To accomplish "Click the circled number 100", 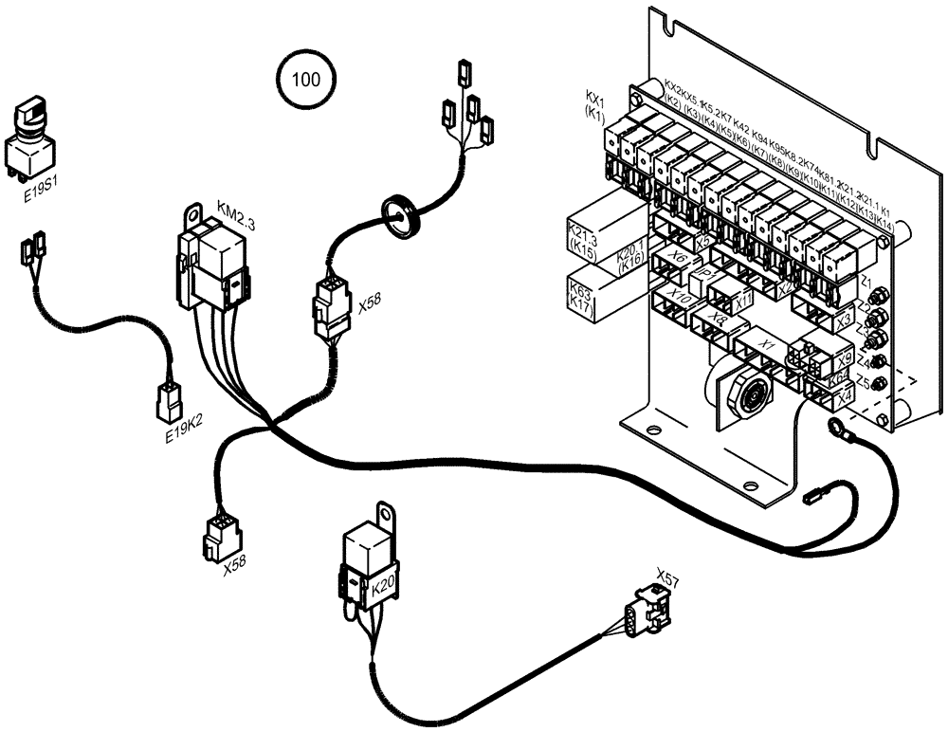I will click(305, 79).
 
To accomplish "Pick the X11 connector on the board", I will click(743, 300).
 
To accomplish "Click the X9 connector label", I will click(844, 359).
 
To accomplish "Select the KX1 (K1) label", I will click(594, 104).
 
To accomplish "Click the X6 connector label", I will click(677, 258).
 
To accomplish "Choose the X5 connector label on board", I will click(703, 242).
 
